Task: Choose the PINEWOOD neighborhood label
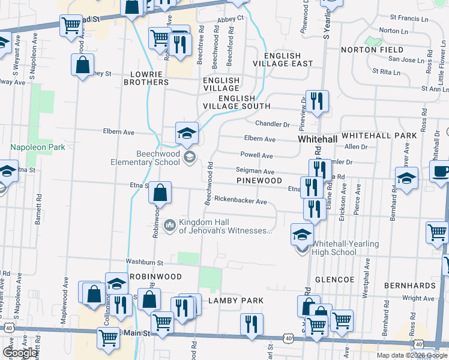click(259, 180)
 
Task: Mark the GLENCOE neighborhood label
click(335, 280)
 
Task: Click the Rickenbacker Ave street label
click(240, 201)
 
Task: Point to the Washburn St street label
click(144, 262)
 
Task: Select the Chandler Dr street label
click(273, 124)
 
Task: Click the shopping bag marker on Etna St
click(160, 194)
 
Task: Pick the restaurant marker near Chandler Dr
click(316, 101)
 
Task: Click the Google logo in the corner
click(20, 353)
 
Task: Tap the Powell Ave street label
click(257, 155)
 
